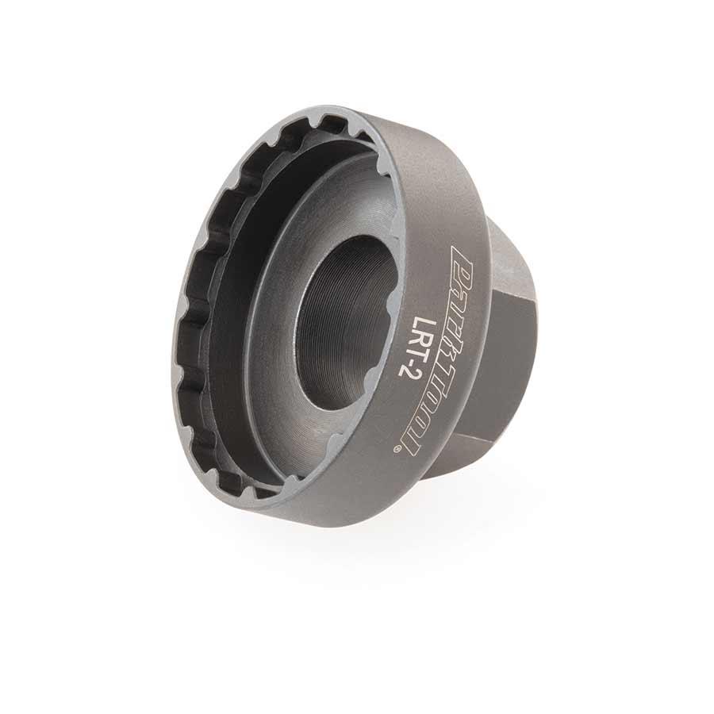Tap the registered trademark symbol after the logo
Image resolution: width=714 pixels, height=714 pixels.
396,450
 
